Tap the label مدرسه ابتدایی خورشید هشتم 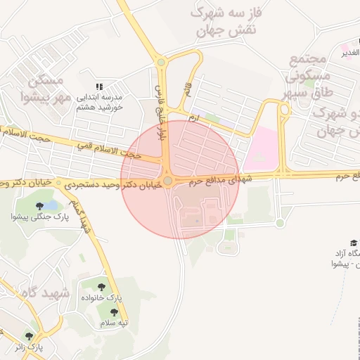point(99,101)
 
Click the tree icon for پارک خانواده point(103,287)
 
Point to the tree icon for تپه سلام point(113,311)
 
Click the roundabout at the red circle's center point(169,180)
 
